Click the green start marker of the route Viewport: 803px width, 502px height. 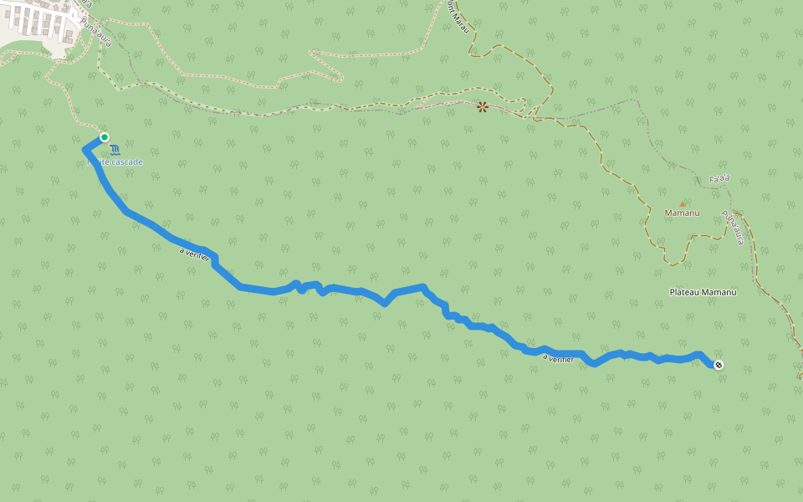(105, 137)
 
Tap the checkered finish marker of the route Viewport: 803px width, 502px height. (719, 364)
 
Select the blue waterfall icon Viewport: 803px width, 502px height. (115, 150)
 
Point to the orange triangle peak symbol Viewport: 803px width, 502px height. (682, 203)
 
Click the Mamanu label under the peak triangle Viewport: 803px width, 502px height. (682, 213)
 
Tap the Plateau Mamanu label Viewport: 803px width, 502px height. (703, 292)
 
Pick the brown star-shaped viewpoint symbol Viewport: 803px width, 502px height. (482, 107)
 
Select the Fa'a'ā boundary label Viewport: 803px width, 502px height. (719, 179)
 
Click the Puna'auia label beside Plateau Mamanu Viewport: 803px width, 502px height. (734, 227)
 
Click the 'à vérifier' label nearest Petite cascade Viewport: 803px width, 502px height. (194, 252)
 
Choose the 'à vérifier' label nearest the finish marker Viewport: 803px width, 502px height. (558, 358)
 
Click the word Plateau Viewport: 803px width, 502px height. (685, 292)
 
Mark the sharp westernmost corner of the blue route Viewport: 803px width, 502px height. (84, 149)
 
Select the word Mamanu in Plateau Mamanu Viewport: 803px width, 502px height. (719, 292)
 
